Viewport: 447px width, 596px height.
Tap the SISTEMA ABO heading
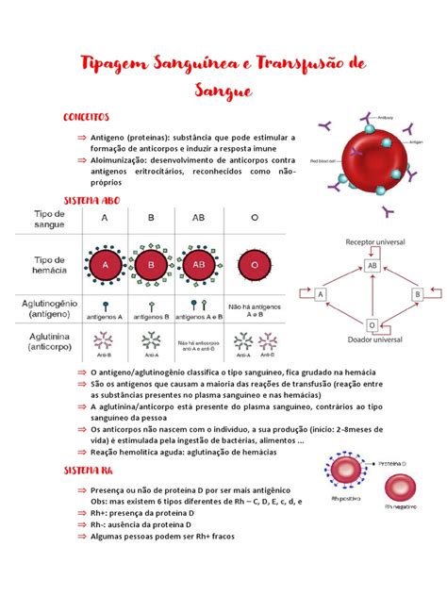[x=92, y=202]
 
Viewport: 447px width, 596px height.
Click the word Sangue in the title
[x=223, y=91]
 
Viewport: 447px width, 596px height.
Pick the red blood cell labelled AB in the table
[x=199, y=265]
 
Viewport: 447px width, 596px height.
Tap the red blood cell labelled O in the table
[x=255, y=265]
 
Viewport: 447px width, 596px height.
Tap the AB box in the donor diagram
[x=372, y=266]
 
